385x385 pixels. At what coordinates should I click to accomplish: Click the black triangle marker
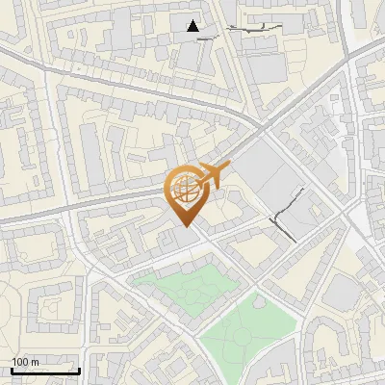(x=194, y=26)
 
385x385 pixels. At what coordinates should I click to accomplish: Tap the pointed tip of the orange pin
(x=184, y=228)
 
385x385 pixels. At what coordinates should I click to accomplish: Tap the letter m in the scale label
(x=36, y=362)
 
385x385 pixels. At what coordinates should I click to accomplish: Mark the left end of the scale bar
(x=12, y=370)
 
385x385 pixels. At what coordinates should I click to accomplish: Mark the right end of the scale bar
(x=79, y=370)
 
